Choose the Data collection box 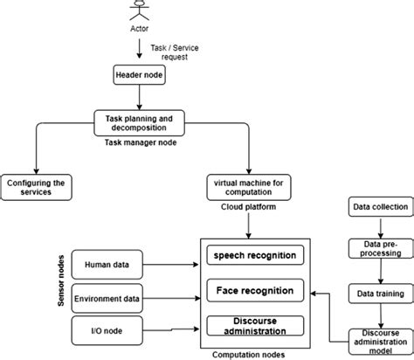376,208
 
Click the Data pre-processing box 376,248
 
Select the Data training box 376,294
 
